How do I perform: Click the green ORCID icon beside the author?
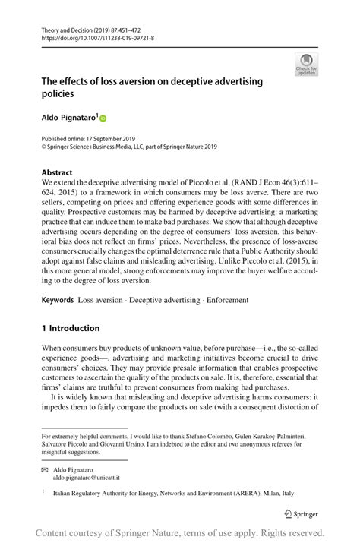103,118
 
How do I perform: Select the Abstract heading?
58,172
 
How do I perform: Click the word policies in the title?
58,94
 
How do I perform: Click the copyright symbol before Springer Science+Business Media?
44,147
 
